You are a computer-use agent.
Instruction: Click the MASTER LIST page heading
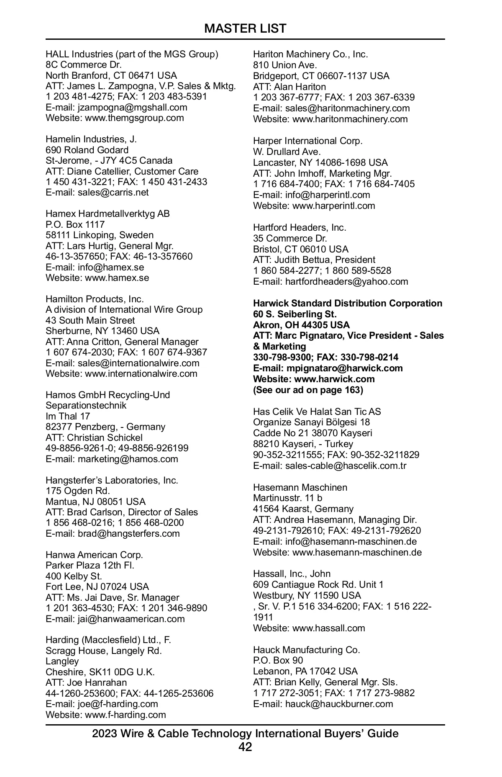coord(245,28)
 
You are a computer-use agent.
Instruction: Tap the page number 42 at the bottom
coord(245,746)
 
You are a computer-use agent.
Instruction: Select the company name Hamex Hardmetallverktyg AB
coord(108,214)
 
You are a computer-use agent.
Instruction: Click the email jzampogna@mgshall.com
coord(133,107)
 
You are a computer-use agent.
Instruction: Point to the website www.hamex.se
coord(117,278)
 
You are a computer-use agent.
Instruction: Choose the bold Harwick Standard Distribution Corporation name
coord(347,303)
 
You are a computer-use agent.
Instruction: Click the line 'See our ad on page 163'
coord(308,390)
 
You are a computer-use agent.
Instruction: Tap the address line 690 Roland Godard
coord(87,150)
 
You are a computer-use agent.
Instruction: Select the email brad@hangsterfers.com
coord(128,533)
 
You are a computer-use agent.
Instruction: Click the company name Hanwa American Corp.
coord(94,555)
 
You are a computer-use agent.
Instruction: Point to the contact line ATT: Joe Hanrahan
coord(86,682)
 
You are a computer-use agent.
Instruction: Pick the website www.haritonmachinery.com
coord(350,119)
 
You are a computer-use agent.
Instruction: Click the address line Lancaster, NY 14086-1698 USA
coord(320,162)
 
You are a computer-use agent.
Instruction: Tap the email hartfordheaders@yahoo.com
coord(346,281)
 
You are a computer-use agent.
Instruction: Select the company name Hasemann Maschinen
coord(300,487)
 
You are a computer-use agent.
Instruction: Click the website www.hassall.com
coord(328,628)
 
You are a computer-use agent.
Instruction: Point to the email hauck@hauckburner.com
coord(339,704)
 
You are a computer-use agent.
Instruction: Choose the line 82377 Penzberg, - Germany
coord(105,427)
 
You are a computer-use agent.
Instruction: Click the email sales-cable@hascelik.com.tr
coord(346,466)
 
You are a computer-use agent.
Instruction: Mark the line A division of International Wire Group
coord(124,309)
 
